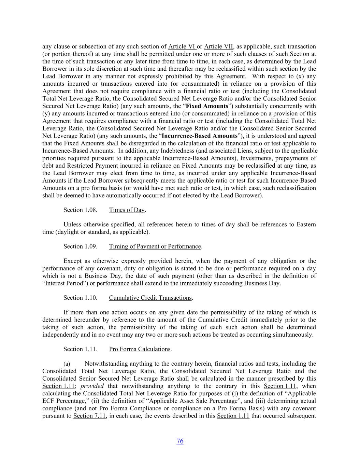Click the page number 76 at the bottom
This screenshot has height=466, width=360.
[x=180, y=441]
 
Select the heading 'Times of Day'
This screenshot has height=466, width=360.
[x=127, y=210]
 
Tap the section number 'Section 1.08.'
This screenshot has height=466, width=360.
[x=80, y=210]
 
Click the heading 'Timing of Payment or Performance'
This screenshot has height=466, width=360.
[x=155, y=246]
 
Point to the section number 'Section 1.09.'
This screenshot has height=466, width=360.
[x=80, y=246]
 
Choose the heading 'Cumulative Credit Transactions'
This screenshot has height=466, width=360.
[x=150, y=298]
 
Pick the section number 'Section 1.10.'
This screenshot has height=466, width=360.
[x=80, y=298]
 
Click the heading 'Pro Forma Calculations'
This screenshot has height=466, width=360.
[x=140, y=349]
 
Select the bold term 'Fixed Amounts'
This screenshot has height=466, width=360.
[x=207, y=106]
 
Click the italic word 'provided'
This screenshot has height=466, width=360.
[x=91, y=386]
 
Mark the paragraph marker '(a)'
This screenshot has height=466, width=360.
[x=67, y=364]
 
